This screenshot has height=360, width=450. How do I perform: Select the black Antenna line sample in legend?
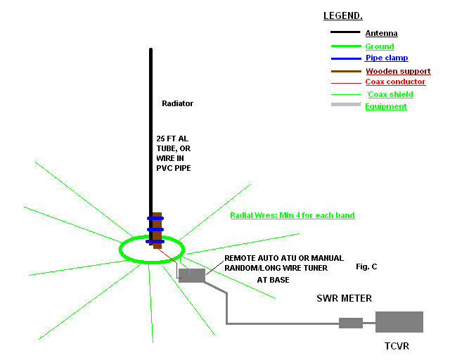[x=345, y=32]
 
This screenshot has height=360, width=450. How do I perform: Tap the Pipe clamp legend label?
[x=387, y=58]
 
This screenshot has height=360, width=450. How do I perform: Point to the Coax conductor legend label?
[x=395, y=82]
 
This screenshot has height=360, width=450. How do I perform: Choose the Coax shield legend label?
[x=390, y=94]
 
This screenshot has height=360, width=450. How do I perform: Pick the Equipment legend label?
[x=386, y=106]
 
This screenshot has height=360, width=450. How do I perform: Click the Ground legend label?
[x=380, y=46]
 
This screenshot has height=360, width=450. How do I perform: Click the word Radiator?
[x=177, y=103]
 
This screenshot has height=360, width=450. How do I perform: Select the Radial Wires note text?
[x=292, y=214]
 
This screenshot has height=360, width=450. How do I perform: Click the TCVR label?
[x=397, y=346]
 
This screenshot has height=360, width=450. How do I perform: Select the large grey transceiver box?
[x=399, y=322]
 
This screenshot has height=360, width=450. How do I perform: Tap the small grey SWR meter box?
[x=350, y=323]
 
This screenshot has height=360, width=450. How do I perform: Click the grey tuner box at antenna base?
[x=191, y=275]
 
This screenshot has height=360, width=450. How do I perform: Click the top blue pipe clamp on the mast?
[x=155, y=218]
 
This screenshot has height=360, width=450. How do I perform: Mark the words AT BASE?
[x=272, y=279]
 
